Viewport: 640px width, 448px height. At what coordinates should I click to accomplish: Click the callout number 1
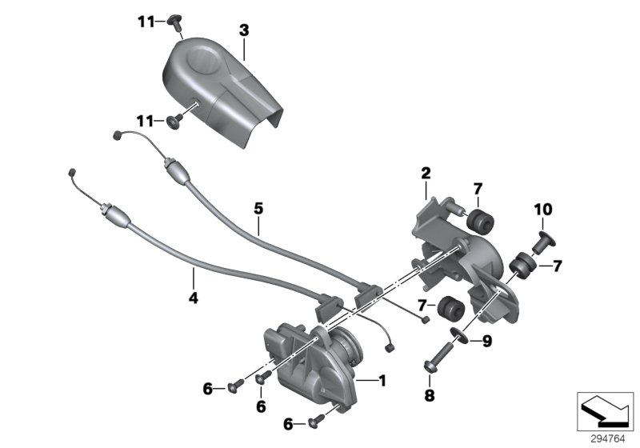click(x=382, y=381)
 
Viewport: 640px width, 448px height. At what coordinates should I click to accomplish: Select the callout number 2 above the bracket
click(x=426, y=173)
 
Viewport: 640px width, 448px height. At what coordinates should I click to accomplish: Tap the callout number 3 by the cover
click(x=244, y=30)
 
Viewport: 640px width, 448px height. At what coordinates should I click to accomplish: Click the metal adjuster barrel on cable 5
click(x=176, y=170)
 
